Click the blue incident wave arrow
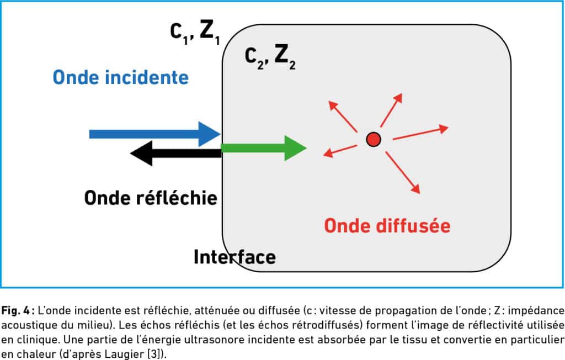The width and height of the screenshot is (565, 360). tap(155, 134)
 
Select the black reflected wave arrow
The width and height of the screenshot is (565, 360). tap(175, 153)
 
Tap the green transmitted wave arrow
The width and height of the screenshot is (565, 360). tap(264, 148)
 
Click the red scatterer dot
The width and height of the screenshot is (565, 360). tap(374, 139)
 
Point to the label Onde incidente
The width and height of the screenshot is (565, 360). tap(121, 77)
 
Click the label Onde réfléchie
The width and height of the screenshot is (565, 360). tap(151, 198)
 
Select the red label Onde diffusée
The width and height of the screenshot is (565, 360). tap(387, 226)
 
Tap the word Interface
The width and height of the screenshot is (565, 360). tap(234, 257)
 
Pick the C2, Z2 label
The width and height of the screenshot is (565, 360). tap(270, 57)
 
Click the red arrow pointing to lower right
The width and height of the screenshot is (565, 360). tap(403, 172)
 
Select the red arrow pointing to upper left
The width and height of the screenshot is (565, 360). tap(343, 116)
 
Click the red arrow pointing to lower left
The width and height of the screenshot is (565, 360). tap(340, 151)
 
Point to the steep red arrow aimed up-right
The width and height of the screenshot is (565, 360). tap(391, 110)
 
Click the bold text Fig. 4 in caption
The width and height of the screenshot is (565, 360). tap(17, 310)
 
